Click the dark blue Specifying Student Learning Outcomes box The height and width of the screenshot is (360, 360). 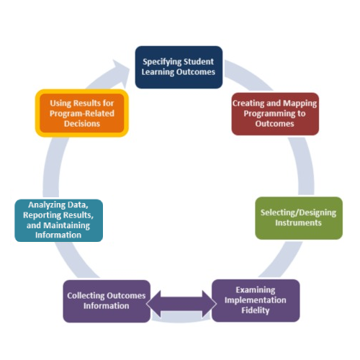(x=179, y=67)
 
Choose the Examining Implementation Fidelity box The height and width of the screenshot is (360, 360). (x=255, y=300)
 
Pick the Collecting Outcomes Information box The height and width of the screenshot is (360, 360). (x=107, y=300)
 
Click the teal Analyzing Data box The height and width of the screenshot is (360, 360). (x=59, y=220)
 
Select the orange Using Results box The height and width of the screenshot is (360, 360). (x=81, y=112)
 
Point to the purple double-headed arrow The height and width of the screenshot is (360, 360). (x=181, y=302)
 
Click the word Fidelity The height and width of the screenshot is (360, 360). (x=255, y=310)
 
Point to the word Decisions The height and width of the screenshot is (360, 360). (x=81, y=123)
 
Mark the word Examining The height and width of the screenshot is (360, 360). (x=255, y=290)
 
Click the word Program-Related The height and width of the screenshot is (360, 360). (x=81, y=113)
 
